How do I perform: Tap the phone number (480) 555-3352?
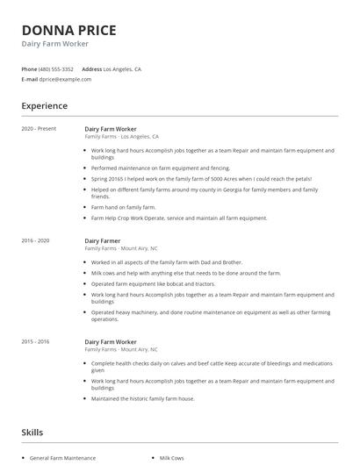(57, 68)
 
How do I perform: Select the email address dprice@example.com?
(65, 79)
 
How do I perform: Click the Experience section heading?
(44, 106)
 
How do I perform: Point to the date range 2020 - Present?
(39, 129)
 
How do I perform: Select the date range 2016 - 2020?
(35, 240)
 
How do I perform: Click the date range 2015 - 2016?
(35, 340)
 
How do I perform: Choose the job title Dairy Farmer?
(104, 240)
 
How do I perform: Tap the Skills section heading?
(32, 432)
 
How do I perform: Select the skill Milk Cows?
(172, 458)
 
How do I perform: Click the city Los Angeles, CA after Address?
(122, 68)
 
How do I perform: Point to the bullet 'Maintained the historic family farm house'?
(142, 398)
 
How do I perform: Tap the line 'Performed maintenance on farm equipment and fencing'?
(160, 168)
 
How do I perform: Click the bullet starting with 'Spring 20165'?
(201, 178)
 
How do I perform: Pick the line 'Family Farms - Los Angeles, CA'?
(121, 137)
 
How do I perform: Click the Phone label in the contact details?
(29, 68)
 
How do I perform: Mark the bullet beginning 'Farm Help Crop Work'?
(179, 218)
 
